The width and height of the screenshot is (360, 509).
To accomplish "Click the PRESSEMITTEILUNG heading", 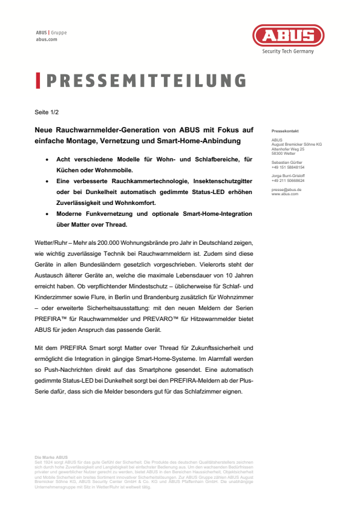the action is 145,80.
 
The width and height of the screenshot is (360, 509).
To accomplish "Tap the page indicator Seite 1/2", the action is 47,112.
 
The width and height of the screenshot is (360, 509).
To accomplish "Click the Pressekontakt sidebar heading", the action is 285,131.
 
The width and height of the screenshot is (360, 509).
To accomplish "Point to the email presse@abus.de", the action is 286,189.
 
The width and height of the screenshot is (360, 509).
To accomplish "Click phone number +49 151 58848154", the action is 288,167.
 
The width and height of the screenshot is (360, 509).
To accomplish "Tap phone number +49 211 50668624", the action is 288,180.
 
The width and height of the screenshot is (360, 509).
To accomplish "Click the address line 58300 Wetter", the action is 284,154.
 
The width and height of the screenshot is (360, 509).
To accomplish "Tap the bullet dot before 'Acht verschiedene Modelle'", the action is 48,159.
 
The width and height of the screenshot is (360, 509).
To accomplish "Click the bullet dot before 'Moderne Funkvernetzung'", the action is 48,214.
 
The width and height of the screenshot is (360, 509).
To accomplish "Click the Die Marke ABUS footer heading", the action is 52,457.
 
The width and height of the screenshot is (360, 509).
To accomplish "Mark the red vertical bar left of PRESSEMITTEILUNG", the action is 38,80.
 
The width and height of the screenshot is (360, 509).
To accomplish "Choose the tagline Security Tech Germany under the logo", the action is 287,51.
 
